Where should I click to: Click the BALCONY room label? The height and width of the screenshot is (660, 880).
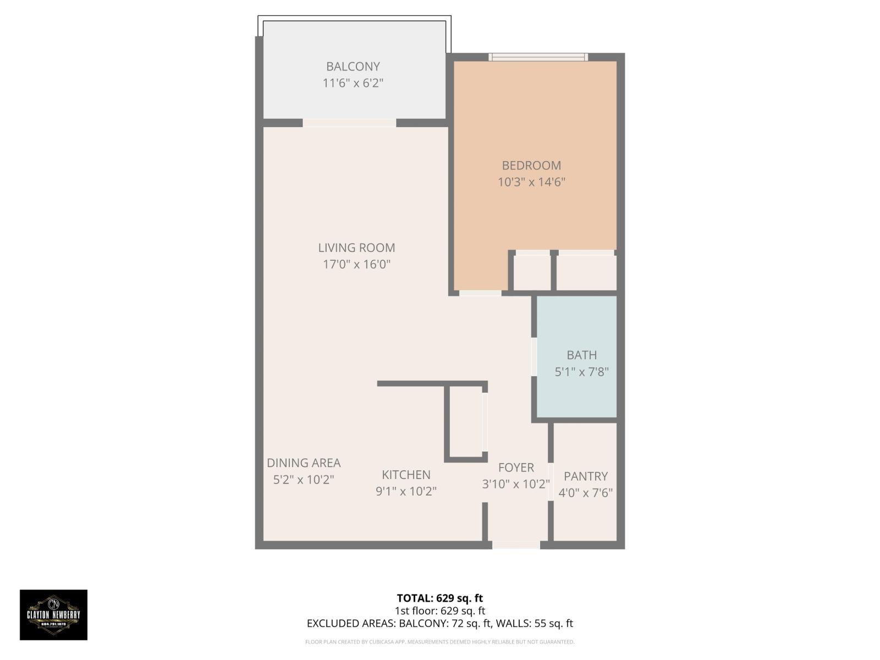click(x=353, y=67)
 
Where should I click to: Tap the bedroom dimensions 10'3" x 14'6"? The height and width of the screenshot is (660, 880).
click(x=531, y=182)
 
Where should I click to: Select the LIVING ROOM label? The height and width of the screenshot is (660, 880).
click(x=356, y=248)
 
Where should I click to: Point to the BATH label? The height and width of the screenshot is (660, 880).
click(x=581, y=355)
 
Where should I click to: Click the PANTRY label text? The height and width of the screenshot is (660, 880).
click(x=585, y=476)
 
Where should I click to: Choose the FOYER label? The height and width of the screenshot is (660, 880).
click(x=516, y=468)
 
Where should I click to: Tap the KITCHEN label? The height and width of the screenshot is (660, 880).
click(x=406, y=475)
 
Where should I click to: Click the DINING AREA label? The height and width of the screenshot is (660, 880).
click(x=304, y=463)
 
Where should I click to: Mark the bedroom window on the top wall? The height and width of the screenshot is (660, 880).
click(x=538, y=57)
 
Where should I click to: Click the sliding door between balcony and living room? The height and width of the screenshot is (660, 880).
click(x=349, y=123)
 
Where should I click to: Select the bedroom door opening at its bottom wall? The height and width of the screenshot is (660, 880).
click(x=480, y=293)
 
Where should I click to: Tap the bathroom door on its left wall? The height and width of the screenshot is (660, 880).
click(x=533, y=356)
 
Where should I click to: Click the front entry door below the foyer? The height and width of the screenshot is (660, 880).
click(x=515, y=545)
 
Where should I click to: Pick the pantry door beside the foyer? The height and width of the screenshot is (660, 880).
click(x=550, y=482)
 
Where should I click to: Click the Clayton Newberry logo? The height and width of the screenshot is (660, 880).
click(x=54, y=614)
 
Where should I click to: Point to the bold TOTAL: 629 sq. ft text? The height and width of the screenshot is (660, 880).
click(x=439, y=598)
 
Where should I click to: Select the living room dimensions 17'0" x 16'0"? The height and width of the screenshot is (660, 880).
click(x=356, y=265)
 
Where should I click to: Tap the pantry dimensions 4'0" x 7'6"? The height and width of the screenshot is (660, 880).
click(x=585, y=493)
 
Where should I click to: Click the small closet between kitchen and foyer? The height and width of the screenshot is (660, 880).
click(x=466, y=421)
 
